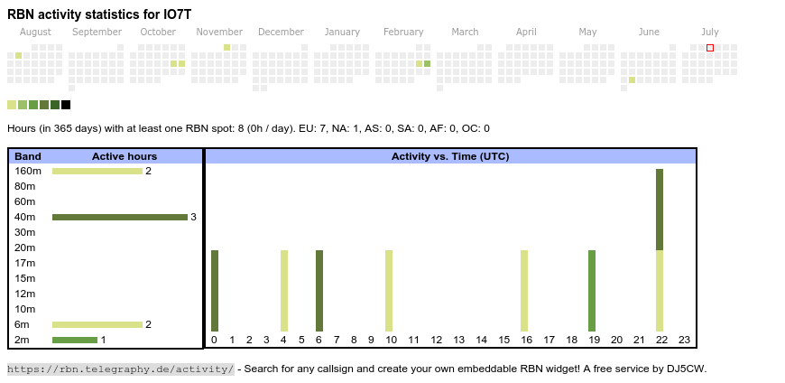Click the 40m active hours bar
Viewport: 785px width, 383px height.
tap(119, 217)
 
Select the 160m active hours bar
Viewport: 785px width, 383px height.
tap(97, 171)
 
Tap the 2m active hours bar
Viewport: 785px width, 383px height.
tap(74, 340)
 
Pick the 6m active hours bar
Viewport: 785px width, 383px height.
tap(97, 324)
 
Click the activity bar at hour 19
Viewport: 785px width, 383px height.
tap(592, 291)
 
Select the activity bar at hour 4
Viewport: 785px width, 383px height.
tap(284, 291)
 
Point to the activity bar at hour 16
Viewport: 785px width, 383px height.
tap(524, 291)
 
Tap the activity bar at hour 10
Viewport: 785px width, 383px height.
tap(389, 291)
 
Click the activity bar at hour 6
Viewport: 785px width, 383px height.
tap(319, 291)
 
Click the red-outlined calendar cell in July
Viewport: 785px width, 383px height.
tap(710, 48)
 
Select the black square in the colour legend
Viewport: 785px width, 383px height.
tap(66, 105)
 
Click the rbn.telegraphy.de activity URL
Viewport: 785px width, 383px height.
tap(121, 369)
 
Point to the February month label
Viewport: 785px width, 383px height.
tap(403, 33)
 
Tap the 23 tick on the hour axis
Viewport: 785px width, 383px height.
tap(684, 340)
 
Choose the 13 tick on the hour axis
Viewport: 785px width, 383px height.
tap(458, 340)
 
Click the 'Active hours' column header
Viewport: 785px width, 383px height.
tap(125, 156)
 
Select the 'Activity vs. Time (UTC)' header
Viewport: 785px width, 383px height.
tap(450, 156)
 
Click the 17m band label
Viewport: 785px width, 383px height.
tap(24, 263)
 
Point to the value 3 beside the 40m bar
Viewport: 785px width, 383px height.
tap(193, 217)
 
